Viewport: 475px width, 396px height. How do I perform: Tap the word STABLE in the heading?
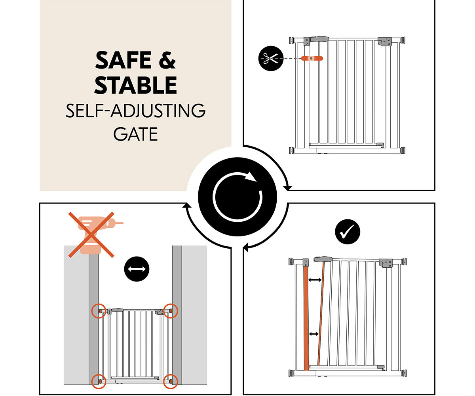point(136,85)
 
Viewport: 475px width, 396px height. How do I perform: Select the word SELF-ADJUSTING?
point(136,111)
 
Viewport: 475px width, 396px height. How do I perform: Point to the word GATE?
point(136,134)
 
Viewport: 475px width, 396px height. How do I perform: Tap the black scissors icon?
point(271,59)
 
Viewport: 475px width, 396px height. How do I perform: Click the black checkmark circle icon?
point(348,232)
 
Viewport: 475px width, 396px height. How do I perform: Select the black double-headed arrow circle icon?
point(137,269)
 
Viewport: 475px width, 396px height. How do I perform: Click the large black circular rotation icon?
point(237,197)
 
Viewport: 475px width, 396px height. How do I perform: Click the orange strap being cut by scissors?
point(312,59)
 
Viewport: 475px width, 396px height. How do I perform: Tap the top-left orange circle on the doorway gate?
point(99,311)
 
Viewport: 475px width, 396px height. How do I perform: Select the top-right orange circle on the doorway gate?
point(171,311)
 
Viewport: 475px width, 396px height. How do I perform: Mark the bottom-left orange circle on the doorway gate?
point(99,381)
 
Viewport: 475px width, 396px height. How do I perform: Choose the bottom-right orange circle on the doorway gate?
point(170,381)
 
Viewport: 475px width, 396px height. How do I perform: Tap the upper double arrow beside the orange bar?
point(315,280)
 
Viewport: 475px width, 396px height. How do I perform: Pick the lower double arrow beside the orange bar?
point(314,334)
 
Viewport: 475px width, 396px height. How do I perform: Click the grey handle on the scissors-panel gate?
point(319,39)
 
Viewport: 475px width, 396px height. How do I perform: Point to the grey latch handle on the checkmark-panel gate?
point(323,259)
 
